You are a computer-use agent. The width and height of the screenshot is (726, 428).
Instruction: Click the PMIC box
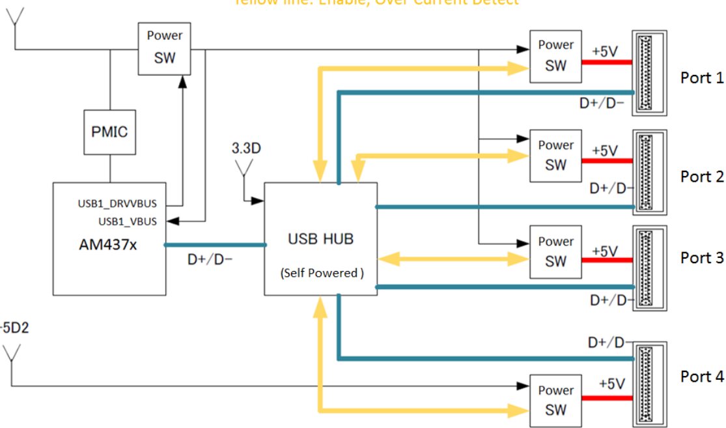[x=109, y=132]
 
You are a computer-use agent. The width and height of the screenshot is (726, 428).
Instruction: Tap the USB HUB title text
[x=320, y=239]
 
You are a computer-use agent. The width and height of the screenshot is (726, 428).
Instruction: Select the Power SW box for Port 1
[x=555, y=55]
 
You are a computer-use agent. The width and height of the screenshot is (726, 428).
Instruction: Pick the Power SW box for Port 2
[x=555, y=155]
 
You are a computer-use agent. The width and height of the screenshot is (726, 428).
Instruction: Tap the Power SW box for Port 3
[x=555, y=251]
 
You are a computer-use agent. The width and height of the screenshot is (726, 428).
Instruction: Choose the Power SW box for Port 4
[x=555, y=400]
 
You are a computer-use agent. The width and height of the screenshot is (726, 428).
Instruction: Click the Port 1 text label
[x=701, y=78]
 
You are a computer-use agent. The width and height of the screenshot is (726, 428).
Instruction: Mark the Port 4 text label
[x=701, y=377]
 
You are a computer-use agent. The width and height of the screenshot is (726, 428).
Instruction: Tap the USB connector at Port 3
[x=649, y=268]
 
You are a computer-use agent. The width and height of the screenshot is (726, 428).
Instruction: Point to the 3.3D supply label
[x=246, y=149]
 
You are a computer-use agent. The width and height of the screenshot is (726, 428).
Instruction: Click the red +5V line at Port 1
[x=606, y=63]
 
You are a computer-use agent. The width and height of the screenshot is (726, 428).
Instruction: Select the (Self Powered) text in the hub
[x=320, y=274]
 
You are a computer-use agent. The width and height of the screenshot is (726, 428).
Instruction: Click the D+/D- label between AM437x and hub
[x=210, y=259]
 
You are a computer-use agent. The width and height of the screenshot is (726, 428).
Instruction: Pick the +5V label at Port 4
[x=611, y=384]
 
